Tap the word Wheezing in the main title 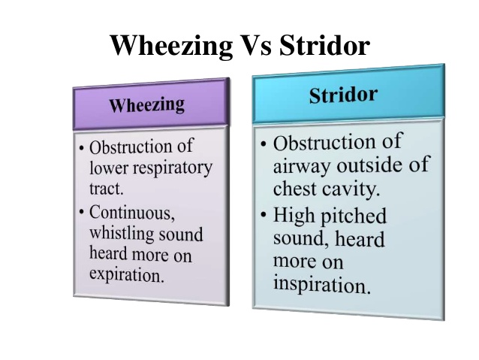click(x=172, y=47)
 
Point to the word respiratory click(x=170, y=168)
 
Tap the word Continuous click(x=132, y=213)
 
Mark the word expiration click(x=126, y=275)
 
